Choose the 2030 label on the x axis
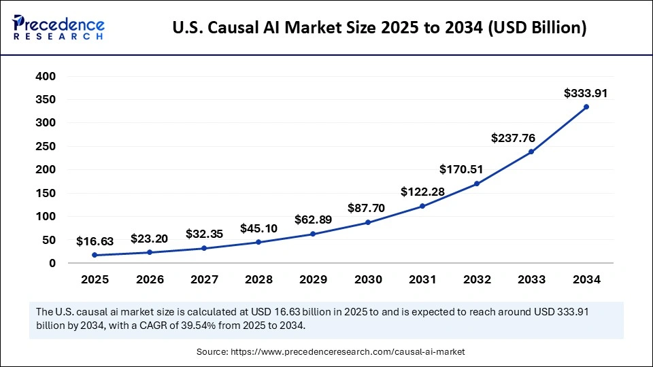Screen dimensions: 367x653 [367, 279]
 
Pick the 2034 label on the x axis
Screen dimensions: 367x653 [586, 279]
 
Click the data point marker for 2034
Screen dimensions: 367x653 [586, 107]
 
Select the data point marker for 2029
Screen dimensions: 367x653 [313, 234]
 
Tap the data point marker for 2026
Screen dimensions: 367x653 [149, 252]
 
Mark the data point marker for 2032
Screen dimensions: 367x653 [477, 183]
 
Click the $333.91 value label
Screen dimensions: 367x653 [586, 93]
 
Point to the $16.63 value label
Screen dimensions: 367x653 [95, 241]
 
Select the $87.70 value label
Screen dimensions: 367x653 [367, 208]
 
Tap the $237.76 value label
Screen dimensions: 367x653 [513, 138]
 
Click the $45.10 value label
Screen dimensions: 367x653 [258, 228]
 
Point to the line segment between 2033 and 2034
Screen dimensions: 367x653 [559, 129]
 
